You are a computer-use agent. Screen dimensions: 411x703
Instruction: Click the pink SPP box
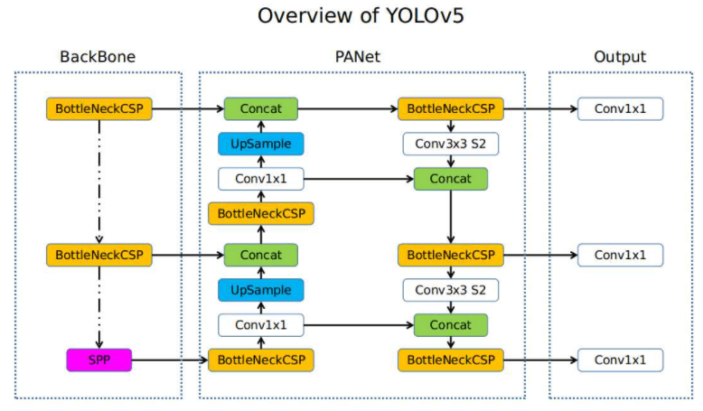point(98,360)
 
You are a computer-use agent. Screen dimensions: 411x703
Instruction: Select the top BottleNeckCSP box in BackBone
point(98,109)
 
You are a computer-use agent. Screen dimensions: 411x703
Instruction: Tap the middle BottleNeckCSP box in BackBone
point(98,255)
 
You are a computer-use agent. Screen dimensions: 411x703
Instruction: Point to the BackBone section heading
point(98,57)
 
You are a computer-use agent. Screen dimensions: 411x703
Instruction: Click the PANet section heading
point(358,57)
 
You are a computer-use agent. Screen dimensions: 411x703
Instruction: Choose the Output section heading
point(620,57)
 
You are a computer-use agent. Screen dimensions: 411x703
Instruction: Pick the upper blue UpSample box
point(261,144)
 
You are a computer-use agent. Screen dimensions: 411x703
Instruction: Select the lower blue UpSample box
point(261,290)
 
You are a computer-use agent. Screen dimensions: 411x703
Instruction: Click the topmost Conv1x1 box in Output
point(620,109)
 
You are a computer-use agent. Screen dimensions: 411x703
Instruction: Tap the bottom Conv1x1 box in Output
point(620,360)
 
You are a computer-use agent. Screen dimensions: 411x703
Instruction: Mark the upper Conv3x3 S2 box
point(450,144)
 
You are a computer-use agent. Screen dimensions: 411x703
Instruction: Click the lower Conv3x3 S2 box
point(450,290)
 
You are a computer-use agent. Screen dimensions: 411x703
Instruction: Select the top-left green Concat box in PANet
point(261,109)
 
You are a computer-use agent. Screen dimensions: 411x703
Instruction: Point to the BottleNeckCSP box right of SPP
point(261,360)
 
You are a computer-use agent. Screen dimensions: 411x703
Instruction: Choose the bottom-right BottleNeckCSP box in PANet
point(450,360)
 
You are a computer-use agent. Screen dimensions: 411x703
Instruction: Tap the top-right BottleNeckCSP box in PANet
point(450,109)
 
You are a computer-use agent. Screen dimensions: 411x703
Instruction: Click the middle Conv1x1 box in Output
point(620,255)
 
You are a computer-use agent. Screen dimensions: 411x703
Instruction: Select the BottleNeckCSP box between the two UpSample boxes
point(261,214)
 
